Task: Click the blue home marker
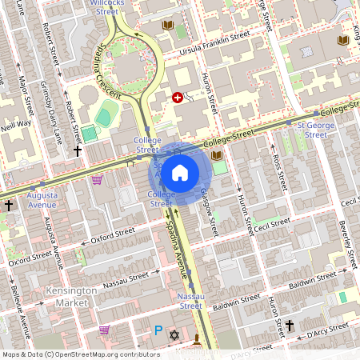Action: (x=180, y=173)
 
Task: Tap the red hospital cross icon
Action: (x=178, y=97)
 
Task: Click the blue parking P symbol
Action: (x=158, y=330)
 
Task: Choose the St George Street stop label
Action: (x=310, y=130)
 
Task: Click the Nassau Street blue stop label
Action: (x=190, y=301)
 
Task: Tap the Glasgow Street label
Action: (x=210, y=210)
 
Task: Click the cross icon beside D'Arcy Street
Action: (x=290, y=325)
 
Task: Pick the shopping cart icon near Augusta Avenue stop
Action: (x=97, y=180)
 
